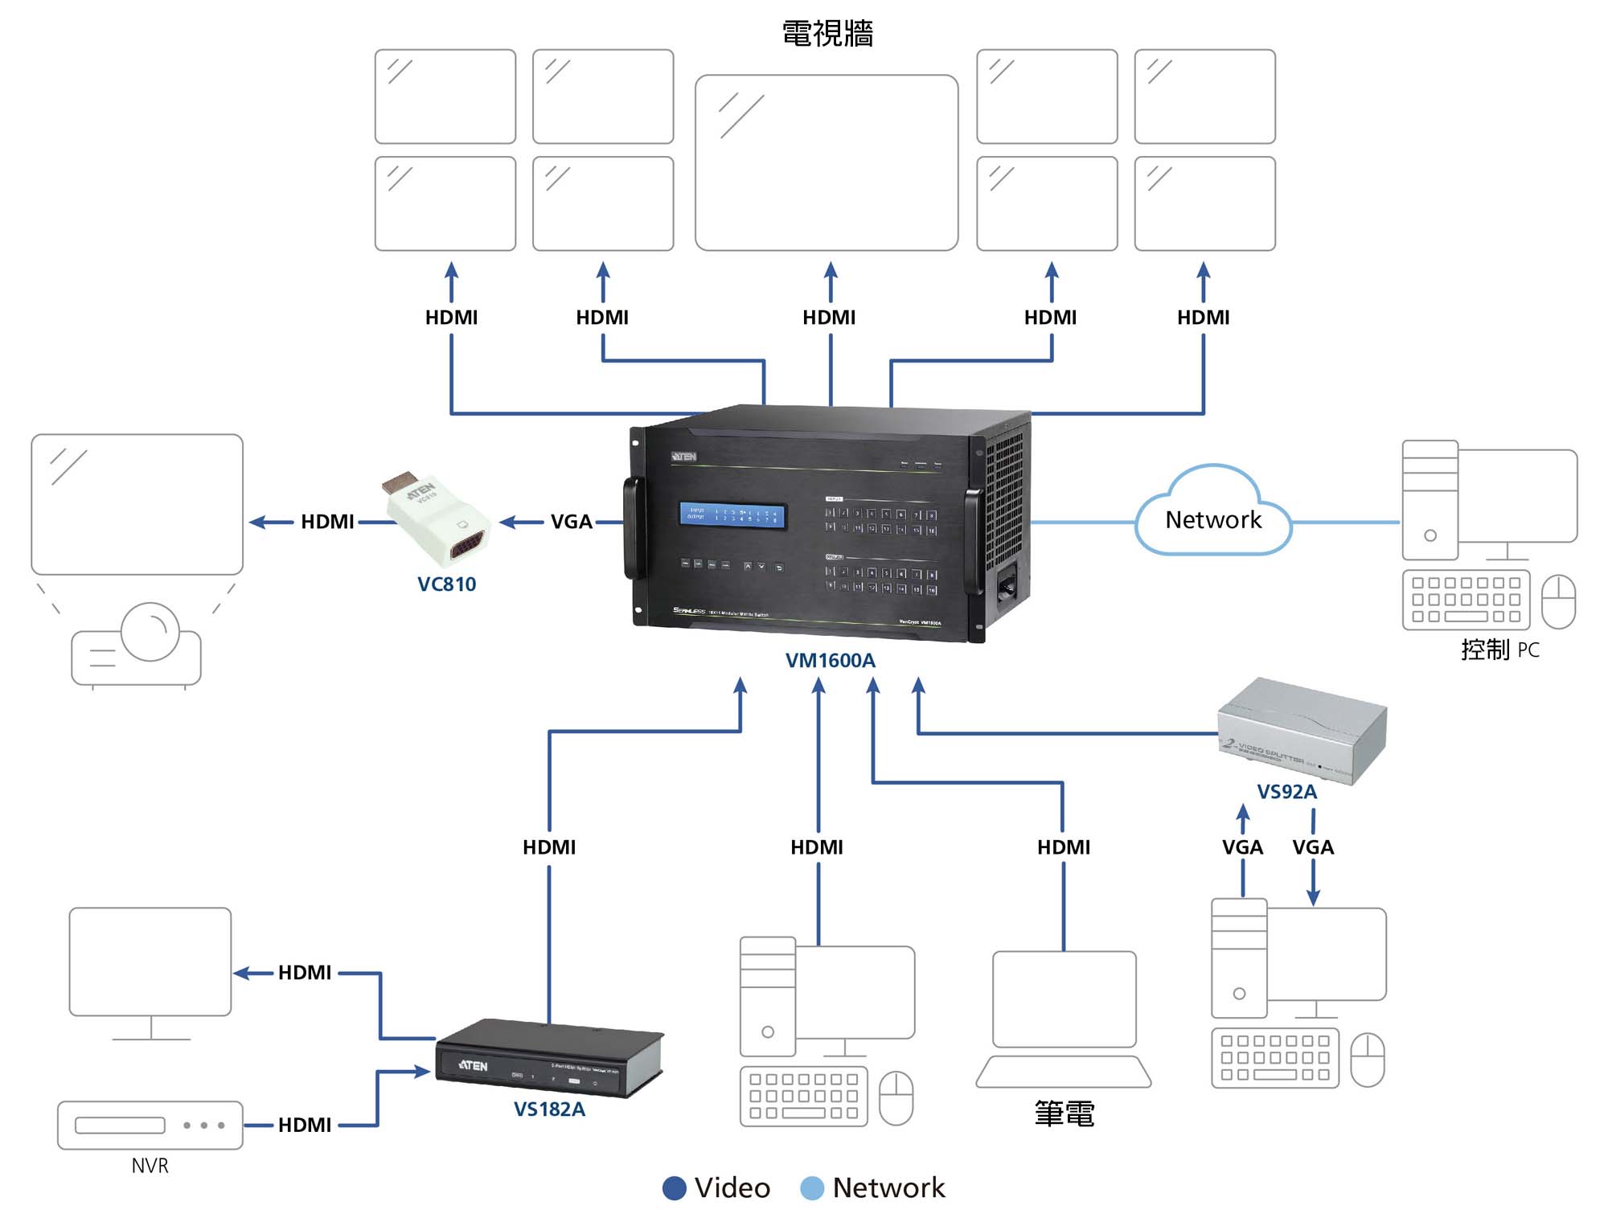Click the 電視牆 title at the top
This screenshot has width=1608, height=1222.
(x=827, y=35)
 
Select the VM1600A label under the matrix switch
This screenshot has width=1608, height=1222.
(x=830, y=661)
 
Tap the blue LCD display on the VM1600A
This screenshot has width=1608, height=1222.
(x=732, y=515)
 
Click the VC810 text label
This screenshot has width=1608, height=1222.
(x=446, y=584)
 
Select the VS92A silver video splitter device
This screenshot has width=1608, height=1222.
(x=1302, y=729)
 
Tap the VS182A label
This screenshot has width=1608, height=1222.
(x=549, y=1109)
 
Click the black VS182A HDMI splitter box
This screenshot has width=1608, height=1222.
(x=549, y=1057)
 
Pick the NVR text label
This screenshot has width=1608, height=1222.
(x=150, y=1166)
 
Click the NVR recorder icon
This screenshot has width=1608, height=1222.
(x=150, y=1125)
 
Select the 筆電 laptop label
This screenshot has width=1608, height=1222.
(x=1064, y=1114)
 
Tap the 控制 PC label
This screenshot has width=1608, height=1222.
(x=1499, y=650)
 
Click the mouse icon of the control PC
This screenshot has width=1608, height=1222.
(x=1557, y=601)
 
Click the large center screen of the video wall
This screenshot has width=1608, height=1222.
(x=827, y=162)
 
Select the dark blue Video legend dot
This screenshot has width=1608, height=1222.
(x=674, y=1188)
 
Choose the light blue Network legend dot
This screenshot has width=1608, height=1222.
(x=812, y=1188)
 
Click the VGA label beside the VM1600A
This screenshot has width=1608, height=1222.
(x=571, y=522)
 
